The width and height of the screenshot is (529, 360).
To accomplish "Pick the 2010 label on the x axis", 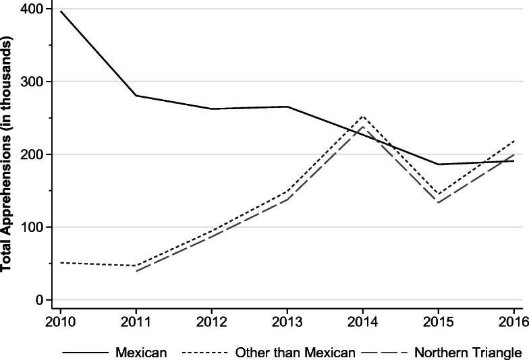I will click(x=60, y=321).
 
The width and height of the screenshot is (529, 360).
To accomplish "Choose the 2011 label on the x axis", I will click(x=136, y=321).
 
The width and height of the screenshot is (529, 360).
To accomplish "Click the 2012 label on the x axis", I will click(x=211, y=321).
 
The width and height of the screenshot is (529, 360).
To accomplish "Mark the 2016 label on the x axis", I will click(x=511, y=321).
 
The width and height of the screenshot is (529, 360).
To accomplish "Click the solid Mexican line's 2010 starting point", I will click(x=61, y=11).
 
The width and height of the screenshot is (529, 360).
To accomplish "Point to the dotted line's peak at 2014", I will click(x=362, y=116).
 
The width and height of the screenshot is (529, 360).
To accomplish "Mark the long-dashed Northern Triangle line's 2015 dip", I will click(x=438, y=203).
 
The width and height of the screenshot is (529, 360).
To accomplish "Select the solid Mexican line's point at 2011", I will click(x=136, y=96).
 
